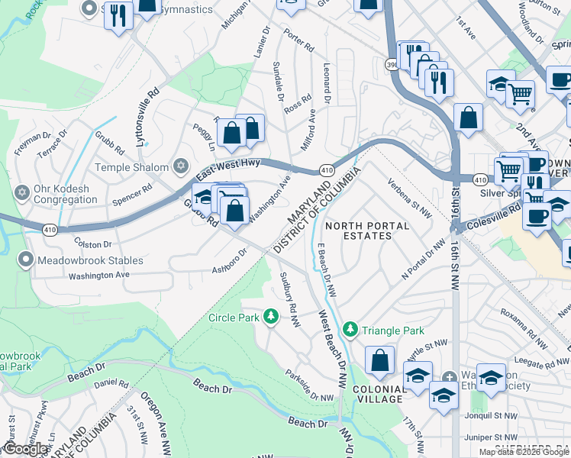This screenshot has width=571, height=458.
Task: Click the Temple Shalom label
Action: tap(131, 167)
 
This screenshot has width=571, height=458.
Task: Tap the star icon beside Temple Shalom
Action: tap(181, 166)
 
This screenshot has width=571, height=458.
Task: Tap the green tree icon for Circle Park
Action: tap(269, 316)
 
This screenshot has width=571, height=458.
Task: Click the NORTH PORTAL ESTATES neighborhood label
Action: tap(367, 231)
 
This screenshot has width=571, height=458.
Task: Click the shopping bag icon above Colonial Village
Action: tap(379, 360)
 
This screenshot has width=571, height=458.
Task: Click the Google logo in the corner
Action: tap(24, 450)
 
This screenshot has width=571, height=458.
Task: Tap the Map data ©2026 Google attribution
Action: tap(523, 452)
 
